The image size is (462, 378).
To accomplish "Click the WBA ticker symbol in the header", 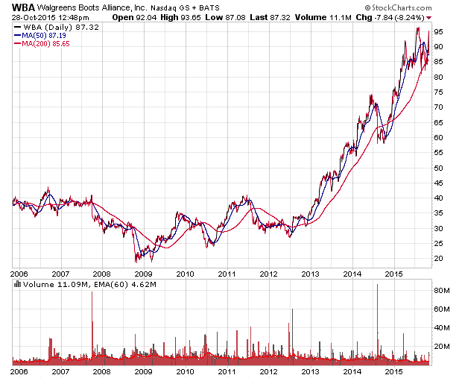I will coord(22,5).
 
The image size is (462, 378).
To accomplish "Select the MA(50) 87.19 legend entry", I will coord(45,35).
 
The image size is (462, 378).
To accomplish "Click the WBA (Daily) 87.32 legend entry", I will coord(51,27).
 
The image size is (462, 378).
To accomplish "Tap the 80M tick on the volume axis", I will coord(443,290).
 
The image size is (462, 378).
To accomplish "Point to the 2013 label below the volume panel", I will coord(311,371).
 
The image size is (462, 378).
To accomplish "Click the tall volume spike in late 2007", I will coord(92,321).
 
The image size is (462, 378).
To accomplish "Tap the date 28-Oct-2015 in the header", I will coord(29,16).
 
